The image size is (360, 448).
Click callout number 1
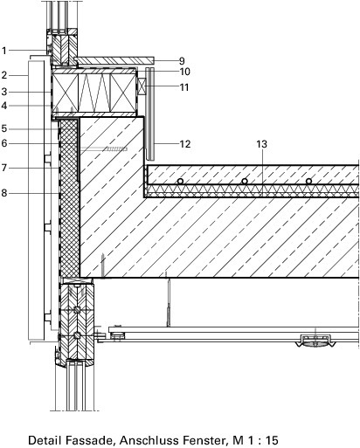[3, 51]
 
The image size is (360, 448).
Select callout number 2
[3, 75]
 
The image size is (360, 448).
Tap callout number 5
[3, 128]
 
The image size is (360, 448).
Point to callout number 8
[3, 193]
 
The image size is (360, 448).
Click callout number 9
[182, 61]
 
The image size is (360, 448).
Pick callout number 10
[184, 72]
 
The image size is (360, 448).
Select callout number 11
[184, 87]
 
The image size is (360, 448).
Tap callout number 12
[185, 144]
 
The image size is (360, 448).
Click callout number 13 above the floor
[261, 144]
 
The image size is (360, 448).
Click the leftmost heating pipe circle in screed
[180, 181]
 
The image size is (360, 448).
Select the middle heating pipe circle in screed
[245, 181]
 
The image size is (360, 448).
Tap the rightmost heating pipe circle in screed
[308, 181]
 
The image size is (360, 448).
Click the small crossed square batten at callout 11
[142, 86]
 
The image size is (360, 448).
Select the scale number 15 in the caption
[272, 440]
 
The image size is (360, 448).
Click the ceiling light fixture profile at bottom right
[315, 341]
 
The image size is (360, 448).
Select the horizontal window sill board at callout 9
[114, 60]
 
